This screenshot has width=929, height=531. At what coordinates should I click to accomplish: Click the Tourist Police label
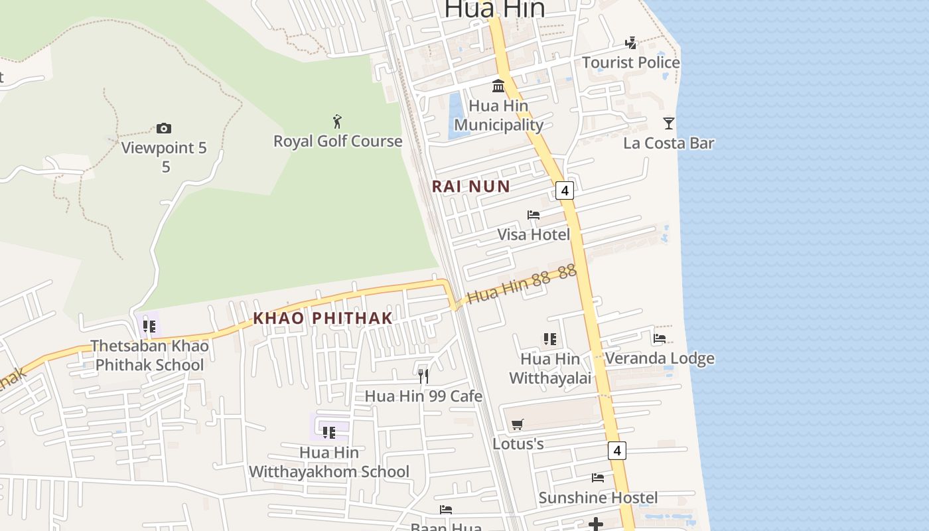coord(630,62)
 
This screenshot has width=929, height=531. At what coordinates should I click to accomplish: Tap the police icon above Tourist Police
coord(630,43)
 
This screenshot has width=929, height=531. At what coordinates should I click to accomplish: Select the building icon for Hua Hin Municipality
coord(498,86)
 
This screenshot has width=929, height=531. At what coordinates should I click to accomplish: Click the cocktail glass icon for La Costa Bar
coord(668,123)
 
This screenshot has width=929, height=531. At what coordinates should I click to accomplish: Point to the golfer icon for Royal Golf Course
coord(337,121)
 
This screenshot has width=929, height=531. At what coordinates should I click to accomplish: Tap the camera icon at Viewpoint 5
coord(163,128)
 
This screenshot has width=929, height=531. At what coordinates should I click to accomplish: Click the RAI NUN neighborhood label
coord(471,187)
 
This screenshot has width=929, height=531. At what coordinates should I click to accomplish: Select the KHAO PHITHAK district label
coord(323,319)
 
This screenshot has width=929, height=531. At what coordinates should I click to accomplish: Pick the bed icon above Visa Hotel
coord(533,214)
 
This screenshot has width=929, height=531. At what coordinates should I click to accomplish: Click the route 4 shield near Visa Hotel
coord(564,190)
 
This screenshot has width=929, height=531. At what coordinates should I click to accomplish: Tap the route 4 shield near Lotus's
coord(616,451)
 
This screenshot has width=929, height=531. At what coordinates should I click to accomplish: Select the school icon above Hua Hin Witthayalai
coord(549,339)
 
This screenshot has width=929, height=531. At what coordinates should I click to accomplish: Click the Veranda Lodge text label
coord(660,358)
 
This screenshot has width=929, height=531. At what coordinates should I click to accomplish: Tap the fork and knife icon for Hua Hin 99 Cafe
coord(423,376)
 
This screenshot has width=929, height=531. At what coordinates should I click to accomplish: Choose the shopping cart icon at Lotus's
coord(518,424)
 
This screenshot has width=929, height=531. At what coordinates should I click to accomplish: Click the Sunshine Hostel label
coord(598,498)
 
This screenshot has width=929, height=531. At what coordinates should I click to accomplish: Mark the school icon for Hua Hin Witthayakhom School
coord(328,433)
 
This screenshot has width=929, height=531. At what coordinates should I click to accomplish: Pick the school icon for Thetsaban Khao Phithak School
coord(149,326)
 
